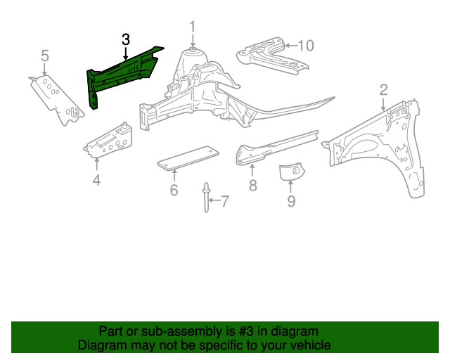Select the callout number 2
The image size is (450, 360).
[384, 89]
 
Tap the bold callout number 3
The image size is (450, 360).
[126, 39]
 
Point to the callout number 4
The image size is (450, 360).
[96, 181]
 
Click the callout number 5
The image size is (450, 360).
[45, 55]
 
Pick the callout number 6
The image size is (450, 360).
[174, 190]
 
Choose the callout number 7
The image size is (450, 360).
[225, 202]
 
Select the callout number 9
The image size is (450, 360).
[291, 202]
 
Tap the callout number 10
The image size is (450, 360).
[305, 46]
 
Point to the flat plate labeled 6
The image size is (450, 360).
[186, 157]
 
